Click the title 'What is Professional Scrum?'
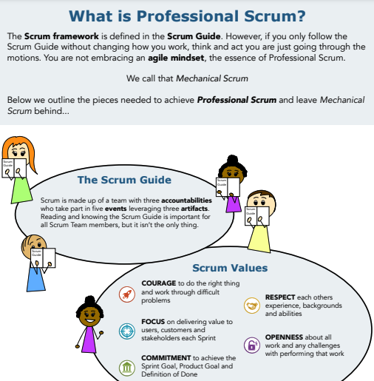(186, 15)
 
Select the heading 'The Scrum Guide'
(124, 180)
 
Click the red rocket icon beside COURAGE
(126, 294)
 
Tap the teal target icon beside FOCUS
(126, 330)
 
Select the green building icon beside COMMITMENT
(126, 366)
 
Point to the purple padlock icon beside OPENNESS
(252, 344)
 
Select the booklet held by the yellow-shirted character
(251, 215)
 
